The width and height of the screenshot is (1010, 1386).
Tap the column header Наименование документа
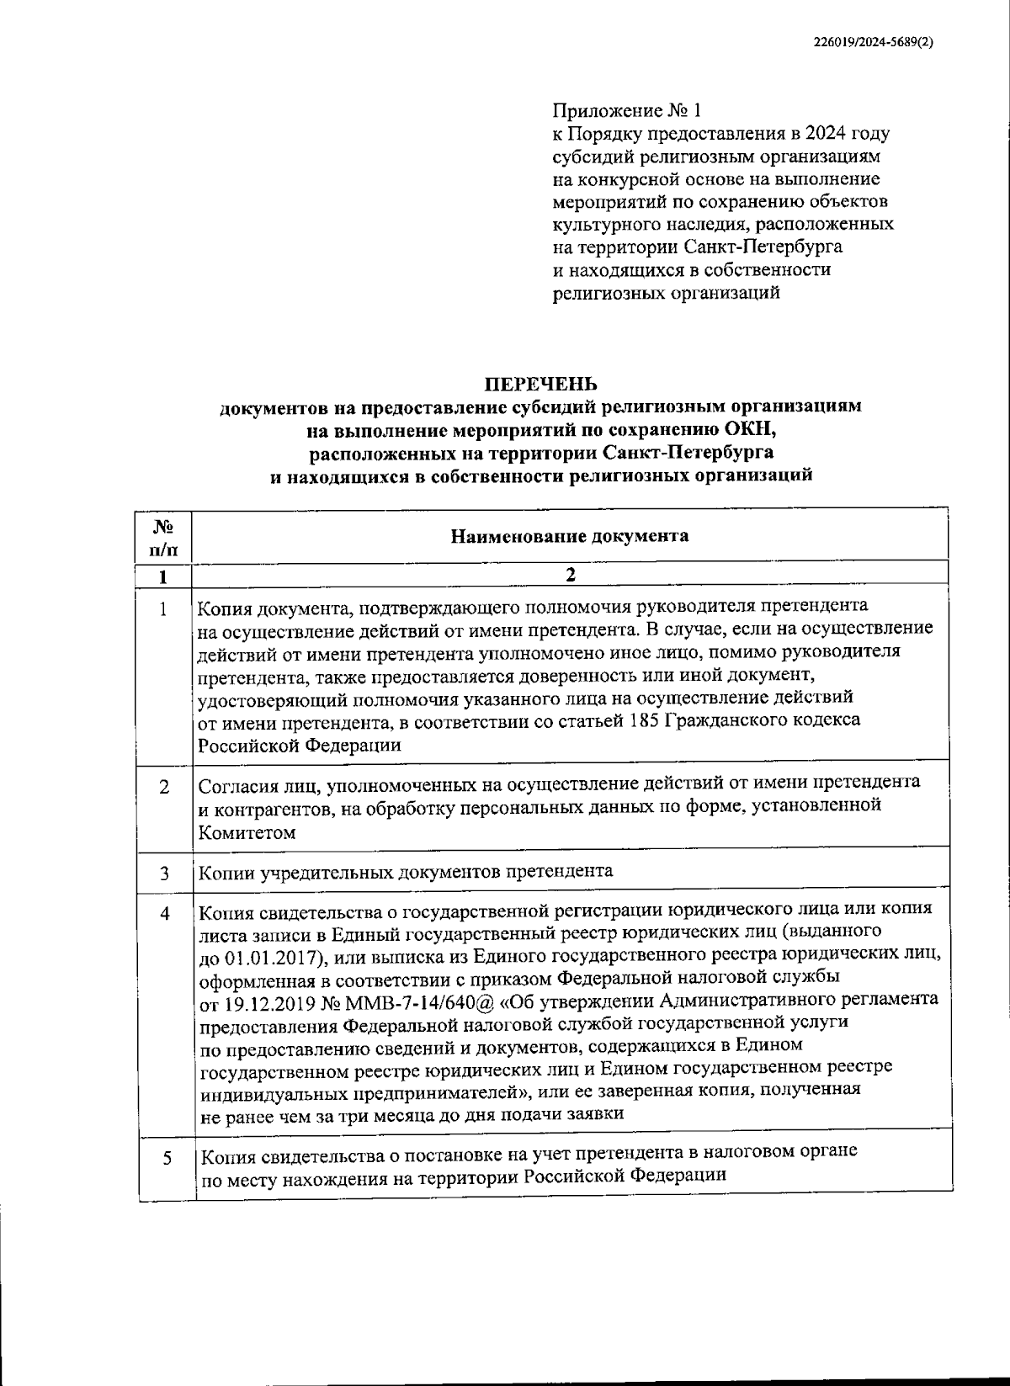pos(570,536)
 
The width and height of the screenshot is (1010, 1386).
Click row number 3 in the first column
pos(165,874)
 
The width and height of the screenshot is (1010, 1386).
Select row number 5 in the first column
pos(167,1159)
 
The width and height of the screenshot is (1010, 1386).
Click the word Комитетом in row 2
pos(247,833)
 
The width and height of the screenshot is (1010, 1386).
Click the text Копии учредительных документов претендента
pos(406,871)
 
